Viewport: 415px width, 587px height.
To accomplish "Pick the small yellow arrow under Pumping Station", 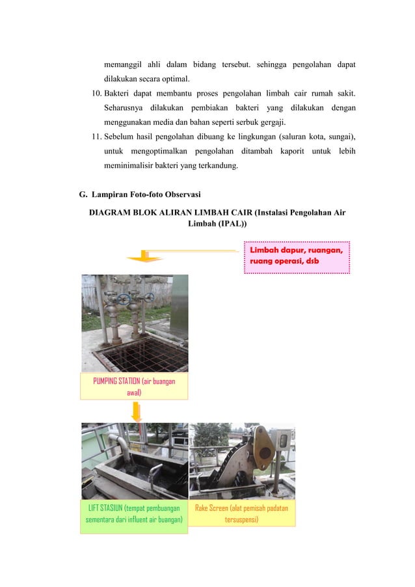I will [137, 411].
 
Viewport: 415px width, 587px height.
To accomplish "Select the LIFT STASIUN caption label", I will [133, 513].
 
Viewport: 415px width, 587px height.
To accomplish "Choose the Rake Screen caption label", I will [241, 513].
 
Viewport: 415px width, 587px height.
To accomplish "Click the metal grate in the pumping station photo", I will [133, 353].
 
